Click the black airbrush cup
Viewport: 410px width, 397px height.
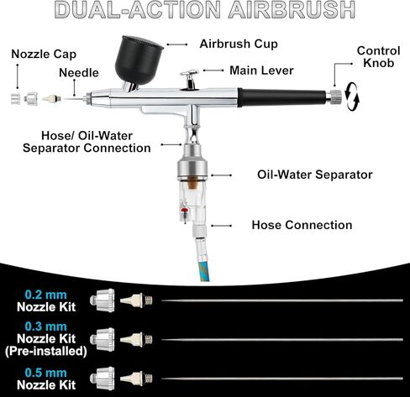click(138, 61)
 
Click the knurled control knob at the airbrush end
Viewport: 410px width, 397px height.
click(334, 97)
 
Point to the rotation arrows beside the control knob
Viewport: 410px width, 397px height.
click(352, 97)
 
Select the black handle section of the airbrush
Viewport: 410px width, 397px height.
click(282, 97)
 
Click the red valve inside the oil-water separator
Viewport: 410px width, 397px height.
click(184, 211)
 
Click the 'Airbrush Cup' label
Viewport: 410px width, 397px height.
click(239, 44)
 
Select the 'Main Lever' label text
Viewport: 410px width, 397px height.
click(261, 71)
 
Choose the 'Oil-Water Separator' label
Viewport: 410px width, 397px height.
click(315, 175)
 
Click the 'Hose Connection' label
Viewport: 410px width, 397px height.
click(302, 225)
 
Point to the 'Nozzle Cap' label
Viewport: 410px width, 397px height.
click(44, 55)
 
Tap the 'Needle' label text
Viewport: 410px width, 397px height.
click(79, 73)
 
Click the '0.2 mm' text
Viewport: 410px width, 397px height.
click(46, 295)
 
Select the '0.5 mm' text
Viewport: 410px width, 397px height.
click(46, 373)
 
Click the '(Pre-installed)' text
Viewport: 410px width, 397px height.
click(46, 351)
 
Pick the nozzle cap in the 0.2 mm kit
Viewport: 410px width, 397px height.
click(102, 300)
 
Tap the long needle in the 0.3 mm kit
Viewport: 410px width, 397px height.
click(282, 340)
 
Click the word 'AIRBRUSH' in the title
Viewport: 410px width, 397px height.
click(292, 10)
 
